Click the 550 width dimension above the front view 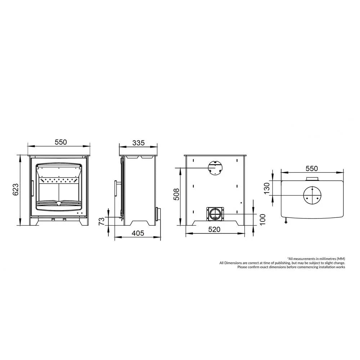(x=61, y=142)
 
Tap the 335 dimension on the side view (x=138, y=143)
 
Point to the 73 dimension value (x=102, y=221)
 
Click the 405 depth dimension (x=138, y=233)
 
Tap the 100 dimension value (x=262, y=218)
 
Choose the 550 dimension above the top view (x=312, y=168)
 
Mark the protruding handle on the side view (x=116, y=188)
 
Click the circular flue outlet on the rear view (x=215, y=167)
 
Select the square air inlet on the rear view (x=215, y=214)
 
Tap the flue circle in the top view (x=312, y=195)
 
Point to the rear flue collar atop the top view (x=312, y=179)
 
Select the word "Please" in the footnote (x=242, y=267)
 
